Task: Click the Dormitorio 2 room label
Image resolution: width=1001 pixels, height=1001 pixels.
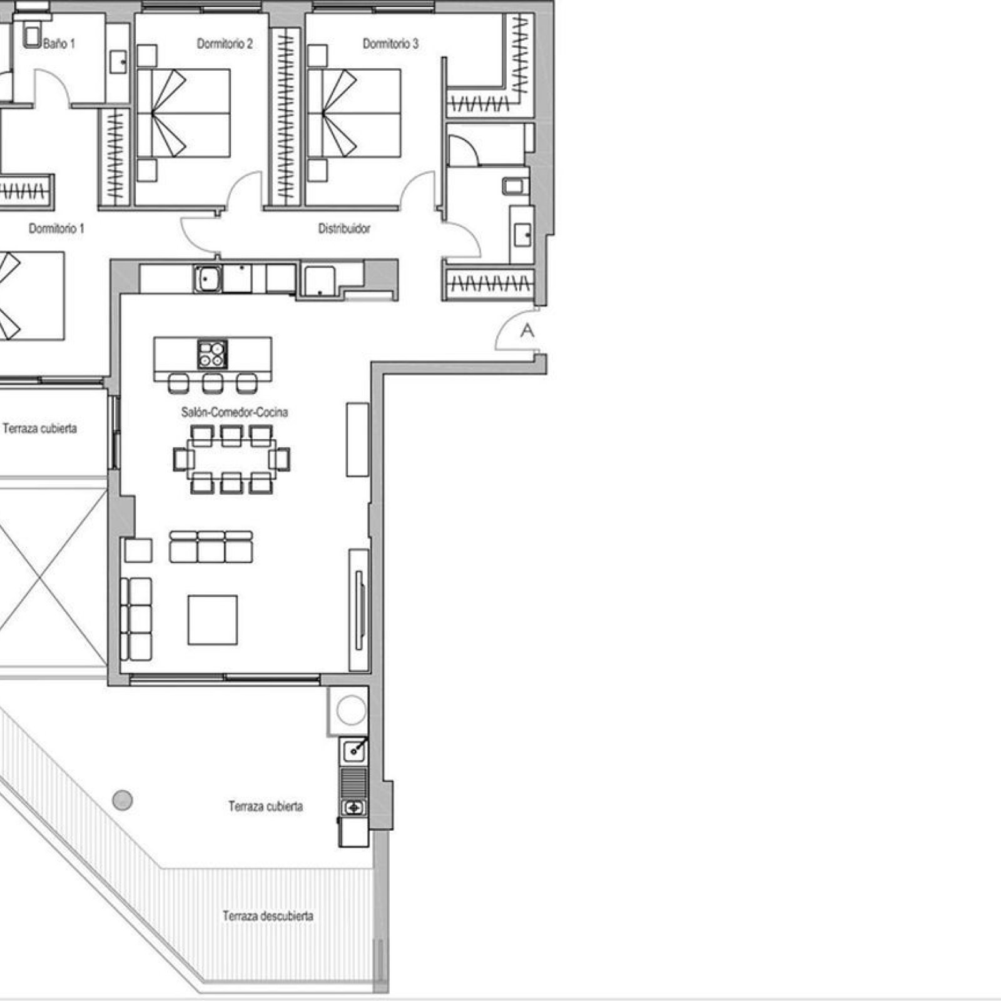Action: [225, 44]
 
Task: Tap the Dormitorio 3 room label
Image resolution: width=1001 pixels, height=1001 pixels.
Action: [390, 44]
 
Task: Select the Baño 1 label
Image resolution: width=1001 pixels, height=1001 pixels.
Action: [59, 44]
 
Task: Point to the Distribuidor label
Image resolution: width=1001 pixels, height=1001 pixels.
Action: [344, 229]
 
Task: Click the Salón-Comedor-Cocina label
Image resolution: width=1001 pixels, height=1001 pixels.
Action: [235, 412]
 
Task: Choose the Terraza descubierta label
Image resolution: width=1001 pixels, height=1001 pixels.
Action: [268, 916]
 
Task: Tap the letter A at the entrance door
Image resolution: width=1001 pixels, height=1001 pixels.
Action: [527, 330]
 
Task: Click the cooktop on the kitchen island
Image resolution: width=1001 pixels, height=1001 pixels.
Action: [213, 354]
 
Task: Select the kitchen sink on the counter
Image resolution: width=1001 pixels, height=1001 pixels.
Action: [207, 278]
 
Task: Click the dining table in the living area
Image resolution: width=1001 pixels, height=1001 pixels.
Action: [231, 459]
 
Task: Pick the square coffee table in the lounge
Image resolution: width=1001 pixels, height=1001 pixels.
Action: [213, 619]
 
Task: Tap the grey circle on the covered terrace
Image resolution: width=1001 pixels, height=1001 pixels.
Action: [123, 800]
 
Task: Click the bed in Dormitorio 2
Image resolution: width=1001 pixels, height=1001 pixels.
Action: [183, 113]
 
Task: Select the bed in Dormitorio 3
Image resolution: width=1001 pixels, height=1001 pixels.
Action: [354, 113]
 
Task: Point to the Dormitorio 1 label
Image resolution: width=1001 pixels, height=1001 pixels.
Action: [56, 229]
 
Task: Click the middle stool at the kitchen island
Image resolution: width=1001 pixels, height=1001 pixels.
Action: [213, 383]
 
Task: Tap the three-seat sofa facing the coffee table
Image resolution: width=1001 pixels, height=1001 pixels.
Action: [211, 547]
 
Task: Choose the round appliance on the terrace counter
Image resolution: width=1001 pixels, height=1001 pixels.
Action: [352, 711]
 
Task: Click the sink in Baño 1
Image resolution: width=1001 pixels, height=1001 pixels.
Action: [117, 61]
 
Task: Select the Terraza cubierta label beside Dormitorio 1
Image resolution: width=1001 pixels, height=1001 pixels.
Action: [40, 429]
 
